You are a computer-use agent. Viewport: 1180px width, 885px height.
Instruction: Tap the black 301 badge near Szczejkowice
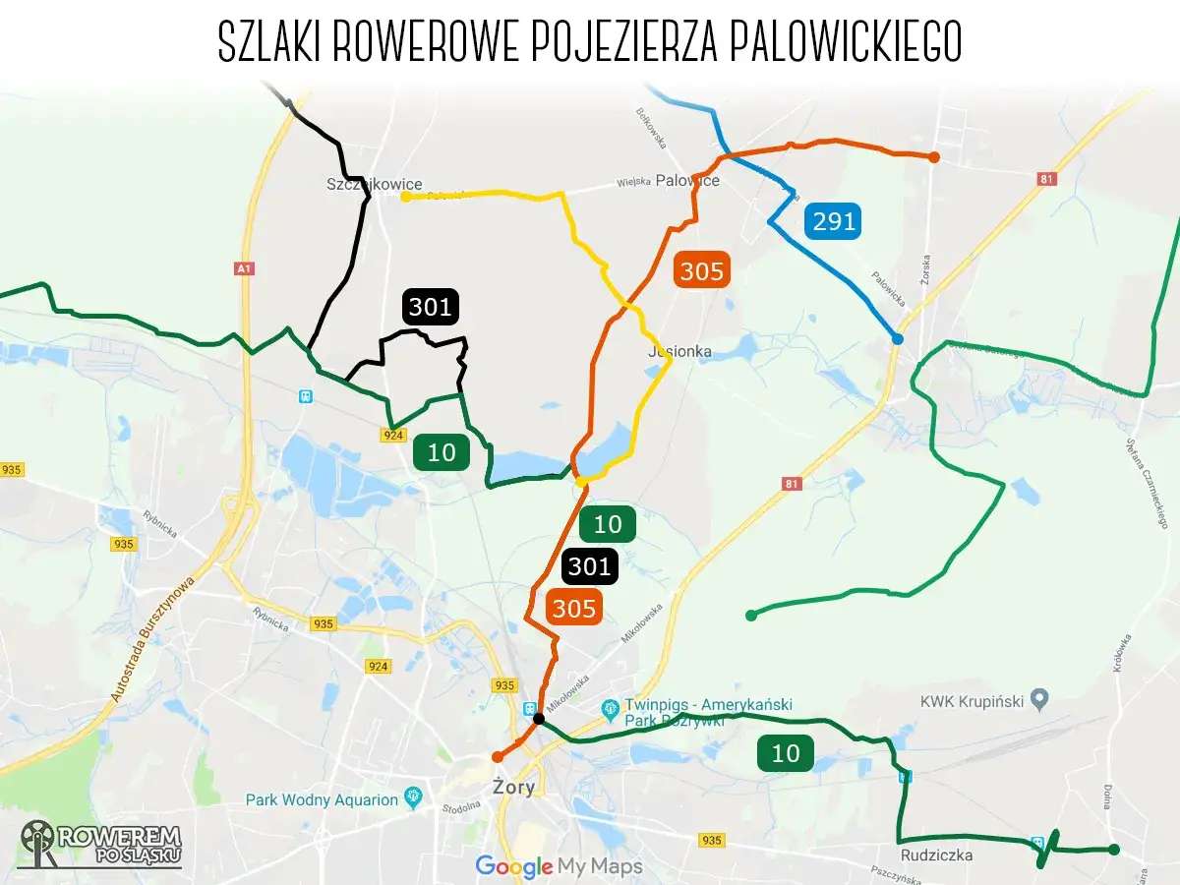[x=430, y=308]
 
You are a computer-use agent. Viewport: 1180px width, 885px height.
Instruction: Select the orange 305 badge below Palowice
[x=702, y=270]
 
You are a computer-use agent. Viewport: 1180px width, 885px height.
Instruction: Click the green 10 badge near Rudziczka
[x=786, y=753]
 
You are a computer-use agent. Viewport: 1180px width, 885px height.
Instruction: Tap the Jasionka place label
[x=679, y=351]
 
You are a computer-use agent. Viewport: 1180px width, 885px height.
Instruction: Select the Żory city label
[x=511, y=787]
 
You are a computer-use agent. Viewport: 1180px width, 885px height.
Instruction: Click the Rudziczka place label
[x=936, y=855]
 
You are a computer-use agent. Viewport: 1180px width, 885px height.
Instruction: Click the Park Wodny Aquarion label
[x=322, y=799]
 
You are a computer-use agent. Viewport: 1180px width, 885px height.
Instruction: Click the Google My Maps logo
[x=559, y=866]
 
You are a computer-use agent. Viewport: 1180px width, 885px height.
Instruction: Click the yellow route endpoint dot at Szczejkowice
[x=405, y=197]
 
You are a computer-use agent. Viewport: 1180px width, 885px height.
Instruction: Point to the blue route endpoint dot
[x=897, y=339]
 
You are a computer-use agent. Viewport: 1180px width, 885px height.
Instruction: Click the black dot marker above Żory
[x=539, y=719]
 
